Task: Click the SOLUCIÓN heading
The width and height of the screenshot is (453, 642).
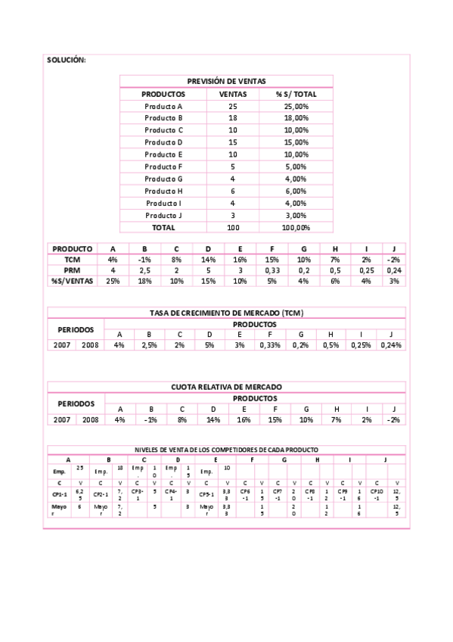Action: click(x=67, y=60)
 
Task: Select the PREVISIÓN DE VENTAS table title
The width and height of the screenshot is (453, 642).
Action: click(x=226, y=82)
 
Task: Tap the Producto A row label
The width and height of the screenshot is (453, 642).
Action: click(x=163, y=106)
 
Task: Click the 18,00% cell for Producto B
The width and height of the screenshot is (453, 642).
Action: click(x=296, y=118)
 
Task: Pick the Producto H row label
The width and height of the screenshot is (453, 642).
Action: click(x=163, y=191)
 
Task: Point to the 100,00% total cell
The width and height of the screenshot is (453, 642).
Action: click(x=296, y=227)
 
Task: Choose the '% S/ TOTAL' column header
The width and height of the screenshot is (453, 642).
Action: click(x=296, y=94)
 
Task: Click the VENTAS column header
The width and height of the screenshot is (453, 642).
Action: click(x=232, y=94)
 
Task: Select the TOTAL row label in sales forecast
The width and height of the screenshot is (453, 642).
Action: click(x=163, y=227)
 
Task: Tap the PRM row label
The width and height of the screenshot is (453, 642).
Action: click(x=72, y=270)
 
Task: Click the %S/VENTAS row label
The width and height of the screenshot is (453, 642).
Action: click(x=72, y=281)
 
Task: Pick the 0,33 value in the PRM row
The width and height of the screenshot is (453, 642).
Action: click(x=272, y=270)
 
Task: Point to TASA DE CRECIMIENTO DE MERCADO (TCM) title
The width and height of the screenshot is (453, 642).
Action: click(x=227, y=313)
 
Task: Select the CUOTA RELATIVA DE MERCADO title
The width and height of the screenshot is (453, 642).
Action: click(x=227, y=387)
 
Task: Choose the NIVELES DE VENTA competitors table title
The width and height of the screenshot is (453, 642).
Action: click(x=227, y=449)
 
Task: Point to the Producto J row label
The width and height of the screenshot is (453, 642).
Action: click(x=163, y=215)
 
